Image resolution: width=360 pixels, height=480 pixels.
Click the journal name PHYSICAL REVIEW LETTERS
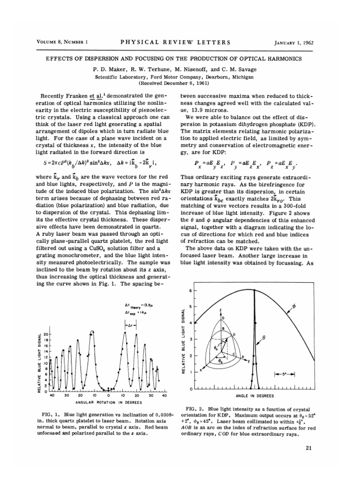(x=175, y=42)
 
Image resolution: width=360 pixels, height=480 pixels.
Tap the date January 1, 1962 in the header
(x=293, y=43)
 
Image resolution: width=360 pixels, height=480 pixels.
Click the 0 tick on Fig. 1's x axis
(x=108, y=396)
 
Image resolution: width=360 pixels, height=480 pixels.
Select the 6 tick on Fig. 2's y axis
(x=190, y=291)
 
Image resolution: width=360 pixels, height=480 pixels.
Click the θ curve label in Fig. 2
(x=277, y=349)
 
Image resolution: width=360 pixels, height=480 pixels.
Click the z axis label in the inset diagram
(x=220, y=310)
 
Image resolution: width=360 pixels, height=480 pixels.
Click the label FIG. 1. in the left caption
(x=51, y=416)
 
